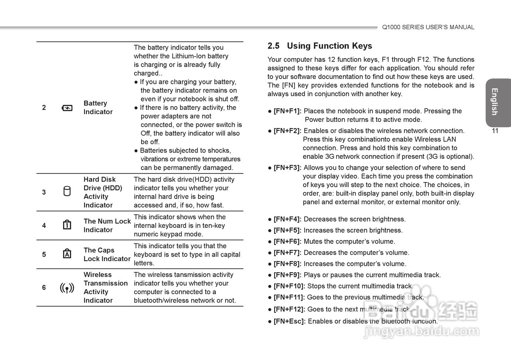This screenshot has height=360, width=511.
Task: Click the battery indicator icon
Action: click(67, 108)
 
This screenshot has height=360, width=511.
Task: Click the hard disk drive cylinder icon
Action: click(67, 192)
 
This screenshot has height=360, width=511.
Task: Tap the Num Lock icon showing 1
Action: click(67, 225)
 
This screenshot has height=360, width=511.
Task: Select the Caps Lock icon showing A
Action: click(67, 254)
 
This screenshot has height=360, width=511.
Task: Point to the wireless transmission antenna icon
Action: click(67, 287)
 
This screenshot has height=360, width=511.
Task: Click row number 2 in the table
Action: click(44, 108)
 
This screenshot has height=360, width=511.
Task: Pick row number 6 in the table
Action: click(44, 287)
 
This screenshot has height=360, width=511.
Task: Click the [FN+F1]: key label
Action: click(287, 111)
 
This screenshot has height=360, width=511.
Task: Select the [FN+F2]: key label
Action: click(287, 131)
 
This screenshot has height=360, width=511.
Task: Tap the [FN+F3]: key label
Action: click(287, 168)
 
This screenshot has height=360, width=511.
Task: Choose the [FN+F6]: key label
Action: click(287, 241)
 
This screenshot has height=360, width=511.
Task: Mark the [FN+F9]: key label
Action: click(287, 275)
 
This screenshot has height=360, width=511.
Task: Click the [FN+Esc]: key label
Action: click(289, 321)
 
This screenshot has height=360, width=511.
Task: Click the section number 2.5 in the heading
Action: click(273, 46)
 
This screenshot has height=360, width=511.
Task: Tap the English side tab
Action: click(495, 102)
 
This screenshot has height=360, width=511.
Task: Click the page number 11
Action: click(495, 131)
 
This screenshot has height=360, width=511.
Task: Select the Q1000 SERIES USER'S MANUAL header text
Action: click(428, 28)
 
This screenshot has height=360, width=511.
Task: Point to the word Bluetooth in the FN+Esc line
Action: click(396, 321)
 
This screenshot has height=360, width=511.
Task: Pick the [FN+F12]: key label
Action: click(289, 309)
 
